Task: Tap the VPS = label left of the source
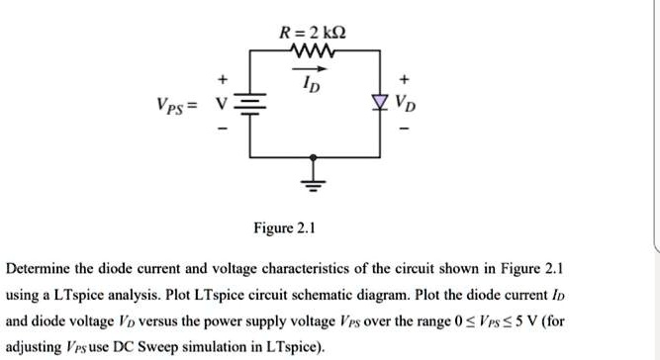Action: (174, 106)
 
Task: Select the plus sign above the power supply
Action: (224, 79)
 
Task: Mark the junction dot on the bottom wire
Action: (316, 157)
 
